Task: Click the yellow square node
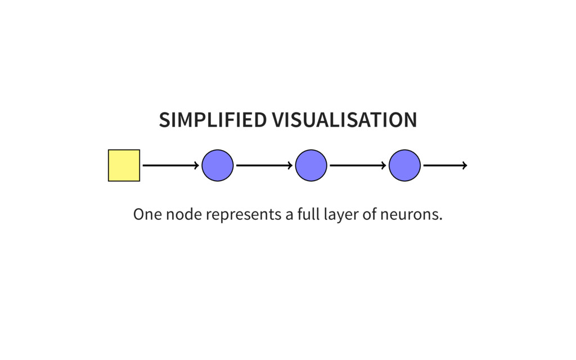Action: (124, 165)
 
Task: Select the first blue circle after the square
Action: (218, 165)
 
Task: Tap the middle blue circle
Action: (311, 165)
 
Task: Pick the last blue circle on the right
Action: (404, 165)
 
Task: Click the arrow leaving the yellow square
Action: (171, 165)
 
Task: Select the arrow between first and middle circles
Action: (264, 165)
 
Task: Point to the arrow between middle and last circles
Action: (358, 165)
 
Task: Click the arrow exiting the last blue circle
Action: (445, 165)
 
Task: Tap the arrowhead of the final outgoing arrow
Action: (465, 165)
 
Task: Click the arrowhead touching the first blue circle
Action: (197, 165)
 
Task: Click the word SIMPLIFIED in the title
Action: (213, 120)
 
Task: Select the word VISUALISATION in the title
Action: (345, 120)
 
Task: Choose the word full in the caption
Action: (308, 214)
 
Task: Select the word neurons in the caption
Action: (411, 214)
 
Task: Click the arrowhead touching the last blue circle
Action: (384, 165)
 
